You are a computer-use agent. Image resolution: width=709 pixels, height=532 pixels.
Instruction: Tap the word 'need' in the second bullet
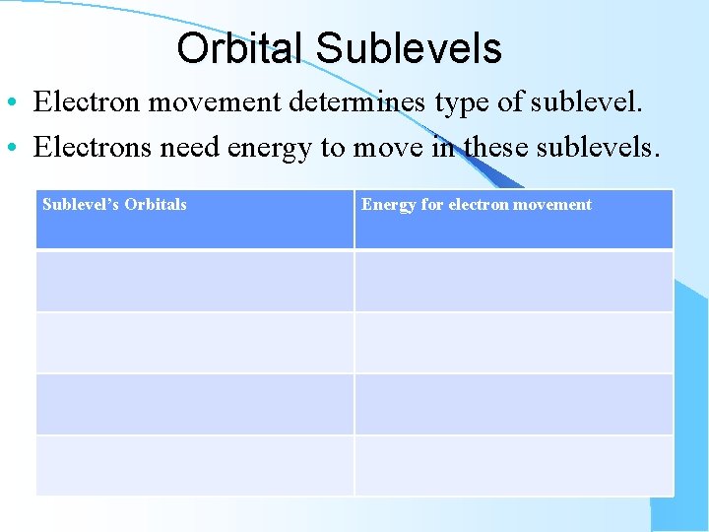click(x=190, y=148)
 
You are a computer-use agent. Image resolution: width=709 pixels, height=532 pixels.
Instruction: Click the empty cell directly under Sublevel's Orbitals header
click(x=194, y=281)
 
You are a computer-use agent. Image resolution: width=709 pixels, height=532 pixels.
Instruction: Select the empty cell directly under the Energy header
click(x=513, y=281)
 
